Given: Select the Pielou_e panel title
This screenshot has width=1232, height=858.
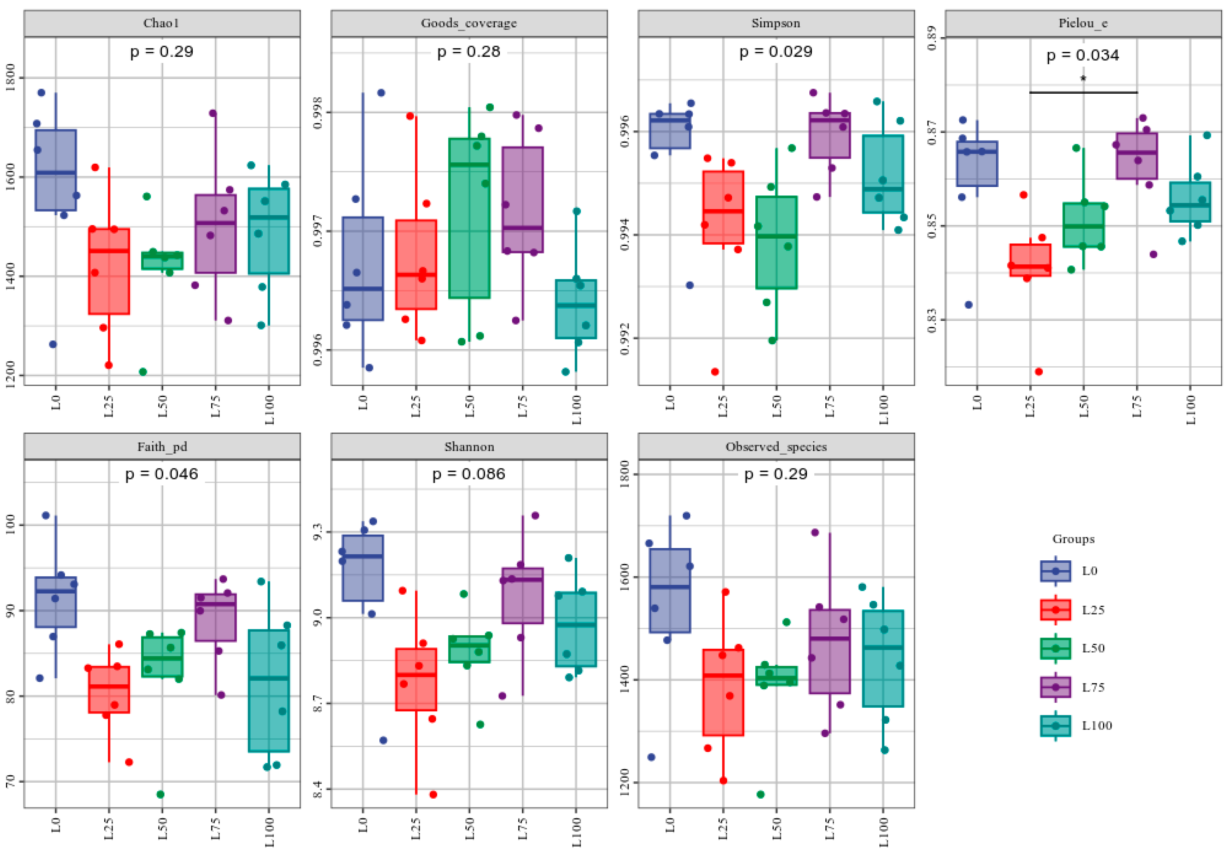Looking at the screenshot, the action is click(x=1083, y=23).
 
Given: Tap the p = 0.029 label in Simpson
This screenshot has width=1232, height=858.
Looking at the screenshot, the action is click(x=776, y=52).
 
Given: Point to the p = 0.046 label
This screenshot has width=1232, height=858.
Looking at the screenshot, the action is click(x=162, y=474).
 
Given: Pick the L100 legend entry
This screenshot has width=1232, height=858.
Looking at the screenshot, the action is click(x=1076, y=725).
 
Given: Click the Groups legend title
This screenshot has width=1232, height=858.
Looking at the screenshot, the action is click(x=1073, y=539).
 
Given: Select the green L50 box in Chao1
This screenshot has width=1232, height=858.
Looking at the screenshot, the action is click(x=162, y=261).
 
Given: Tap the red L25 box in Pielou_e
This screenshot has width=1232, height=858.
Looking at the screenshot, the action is click(x=1030, y=260).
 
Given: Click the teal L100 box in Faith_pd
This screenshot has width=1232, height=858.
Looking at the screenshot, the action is click(x=269, y=690).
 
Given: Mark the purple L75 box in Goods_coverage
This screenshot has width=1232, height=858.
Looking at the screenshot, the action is click(x=523, y=200).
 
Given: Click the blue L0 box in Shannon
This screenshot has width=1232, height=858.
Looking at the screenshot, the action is click(x=363, y=568).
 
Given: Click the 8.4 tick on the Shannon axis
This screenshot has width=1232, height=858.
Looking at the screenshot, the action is click(x=317, y=789).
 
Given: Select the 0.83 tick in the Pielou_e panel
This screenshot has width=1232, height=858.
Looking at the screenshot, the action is click(x=932, y=320).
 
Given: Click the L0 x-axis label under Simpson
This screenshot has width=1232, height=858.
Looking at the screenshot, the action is click(x=670, y=402).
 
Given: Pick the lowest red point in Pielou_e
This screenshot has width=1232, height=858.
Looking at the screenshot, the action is click(x=1039, y=371).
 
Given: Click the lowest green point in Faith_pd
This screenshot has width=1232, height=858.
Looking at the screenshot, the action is click(x=160, y=794).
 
